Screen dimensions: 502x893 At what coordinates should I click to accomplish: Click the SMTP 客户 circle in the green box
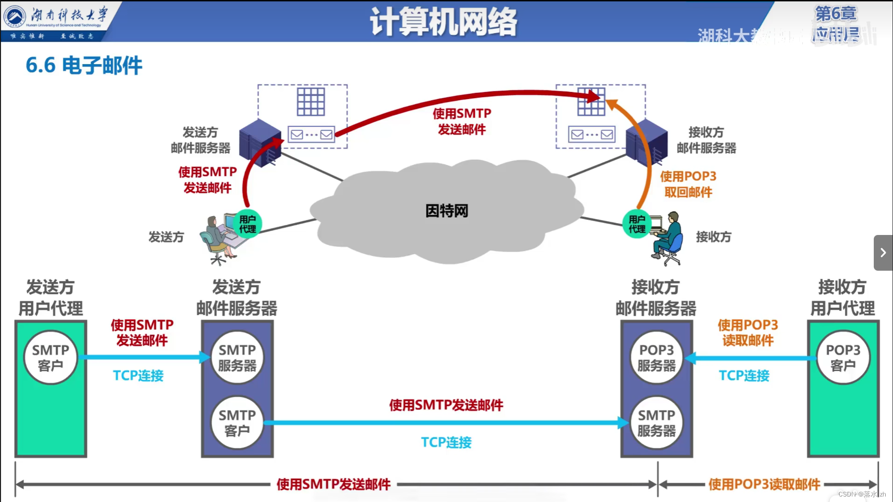point(50,357)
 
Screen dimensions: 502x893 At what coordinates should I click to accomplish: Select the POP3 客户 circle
point(843,357)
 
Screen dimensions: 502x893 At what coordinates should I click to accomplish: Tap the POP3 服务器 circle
point(656,357)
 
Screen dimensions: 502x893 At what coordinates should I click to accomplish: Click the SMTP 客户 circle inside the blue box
point(237,422)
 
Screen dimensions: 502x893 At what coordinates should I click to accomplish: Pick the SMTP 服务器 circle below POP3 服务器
point(656,422)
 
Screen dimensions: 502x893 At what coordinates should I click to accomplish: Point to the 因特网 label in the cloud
point(446,211)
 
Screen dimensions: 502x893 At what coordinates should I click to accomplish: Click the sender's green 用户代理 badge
point(248,224)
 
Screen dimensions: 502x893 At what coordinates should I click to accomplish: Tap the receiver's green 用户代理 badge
point(637,224)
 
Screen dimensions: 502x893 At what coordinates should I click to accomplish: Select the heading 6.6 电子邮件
point(84,65)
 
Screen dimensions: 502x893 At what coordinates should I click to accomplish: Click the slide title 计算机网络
point(443,22)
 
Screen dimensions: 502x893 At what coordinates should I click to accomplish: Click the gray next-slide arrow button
point(883,252)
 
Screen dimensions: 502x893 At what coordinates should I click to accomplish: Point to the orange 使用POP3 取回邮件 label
point(688,184)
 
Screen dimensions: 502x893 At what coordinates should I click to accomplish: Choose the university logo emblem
point(15,16)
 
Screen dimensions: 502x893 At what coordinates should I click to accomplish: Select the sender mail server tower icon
point(259,142)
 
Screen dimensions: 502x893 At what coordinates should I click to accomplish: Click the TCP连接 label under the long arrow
point(446,442)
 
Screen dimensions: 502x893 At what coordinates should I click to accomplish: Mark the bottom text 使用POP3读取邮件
point(764,484)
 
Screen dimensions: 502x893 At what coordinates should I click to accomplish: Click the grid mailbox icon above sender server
point(310,102)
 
